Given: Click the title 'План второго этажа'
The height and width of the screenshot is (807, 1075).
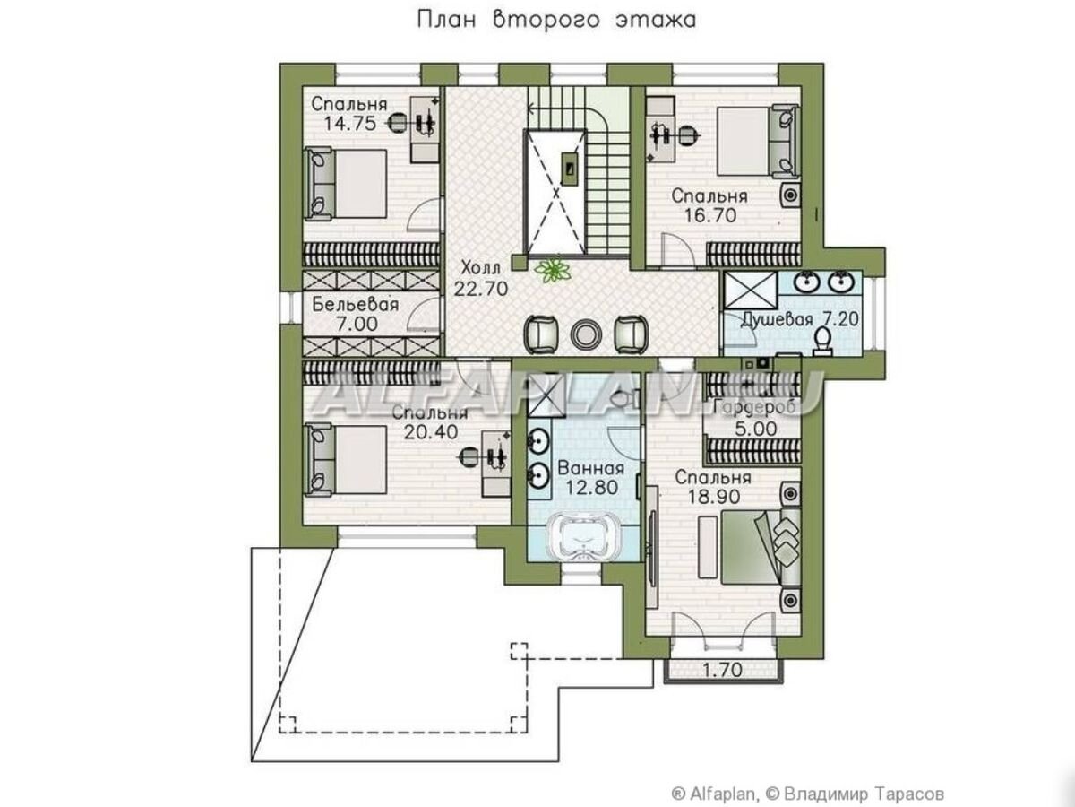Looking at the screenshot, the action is click(556, 21).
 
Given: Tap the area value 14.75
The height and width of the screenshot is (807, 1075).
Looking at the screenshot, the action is click(349, 123).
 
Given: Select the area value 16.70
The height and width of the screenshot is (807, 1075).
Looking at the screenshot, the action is click(710, 214).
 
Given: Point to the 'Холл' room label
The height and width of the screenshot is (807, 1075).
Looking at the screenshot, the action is click(481, 268).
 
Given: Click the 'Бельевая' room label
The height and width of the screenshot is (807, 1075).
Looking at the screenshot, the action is click(356, 305).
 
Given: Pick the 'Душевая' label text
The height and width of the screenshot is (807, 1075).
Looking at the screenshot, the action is click(777, 319).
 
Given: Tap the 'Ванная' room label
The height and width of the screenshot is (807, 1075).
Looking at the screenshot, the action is click(591, 468).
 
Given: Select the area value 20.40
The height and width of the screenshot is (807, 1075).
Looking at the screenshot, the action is click(431, 431).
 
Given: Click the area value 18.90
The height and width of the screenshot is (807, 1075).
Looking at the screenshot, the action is click(714, 497).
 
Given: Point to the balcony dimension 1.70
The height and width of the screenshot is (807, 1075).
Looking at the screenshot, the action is click(723, 669).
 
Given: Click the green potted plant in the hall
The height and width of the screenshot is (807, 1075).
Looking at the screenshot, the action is click(553, 271).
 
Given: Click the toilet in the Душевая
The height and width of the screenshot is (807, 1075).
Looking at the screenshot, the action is click(822, 342).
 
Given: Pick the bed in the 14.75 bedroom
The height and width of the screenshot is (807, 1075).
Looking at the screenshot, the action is click(345, 184).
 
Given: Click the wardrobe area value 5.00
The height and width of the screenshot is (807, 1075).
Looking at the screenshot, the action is click(756, 429).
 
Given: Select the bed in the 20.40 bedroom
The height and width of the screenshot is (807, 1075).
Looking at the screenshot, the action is click(345, 460).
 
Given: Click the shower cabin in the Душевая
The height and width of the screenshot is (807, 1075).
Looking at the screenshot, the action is click(751, 290).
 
